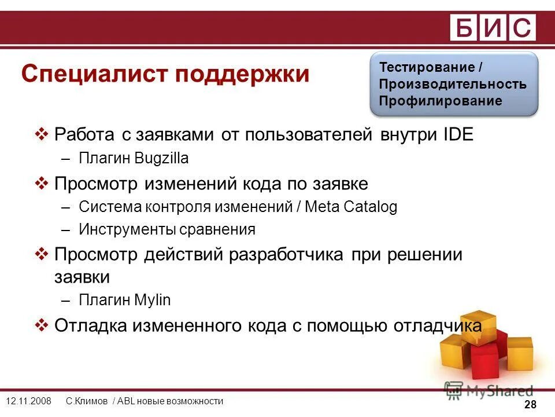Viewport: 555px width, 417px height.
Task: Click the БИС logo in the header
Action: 493,27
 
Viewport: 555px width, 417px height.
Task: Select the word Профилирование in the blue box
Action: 441,101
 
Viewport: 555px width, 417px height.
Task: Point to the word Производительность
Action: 453,84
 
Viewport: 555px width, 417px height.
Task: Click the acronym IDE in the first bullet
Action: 457,135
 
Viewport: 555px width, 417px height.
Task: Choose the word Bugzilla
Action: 161,159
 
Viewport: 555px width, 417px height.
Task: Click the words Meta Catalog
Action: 351,207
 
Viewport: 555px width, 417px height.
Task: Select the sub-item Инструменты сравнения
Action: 166,230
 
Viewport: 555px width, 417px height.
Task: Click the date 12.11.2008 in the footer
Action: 28,401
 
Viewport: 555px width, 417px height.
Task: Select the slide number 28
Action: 530,404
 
